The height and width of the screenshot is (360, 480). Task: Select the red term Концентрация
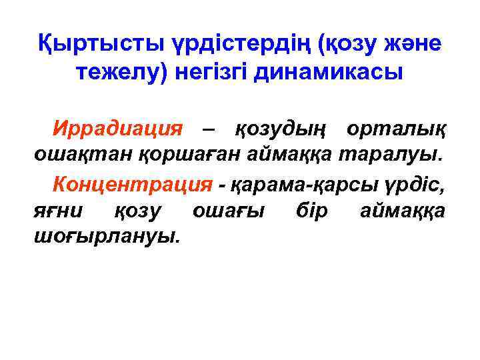(133, 183)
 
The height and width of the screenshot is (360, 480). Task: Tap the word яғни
(58, 212)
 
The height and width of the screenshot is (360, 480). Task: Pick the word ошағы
(229, 212)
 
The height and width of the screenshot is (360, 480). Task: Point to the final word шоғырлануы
(107, 238)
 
